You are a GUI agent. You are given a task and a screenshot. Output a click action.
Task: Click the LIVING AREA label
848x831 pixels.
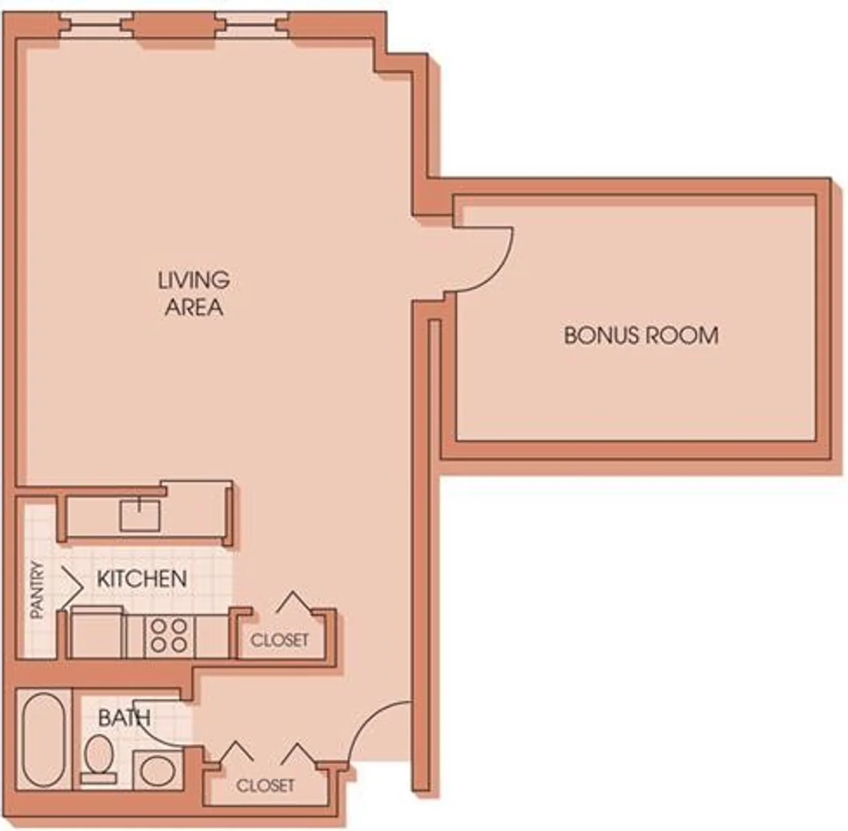pyautogui.click(x=195, y=293)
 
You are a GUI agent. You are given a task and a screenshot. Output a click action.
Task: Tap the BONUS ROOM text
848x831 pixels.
pyautogui.click(x=641, y=335)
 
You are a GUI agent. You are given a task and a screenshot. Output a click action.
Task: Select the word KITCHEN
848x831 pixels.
pyautogui.click(x=142, y=579)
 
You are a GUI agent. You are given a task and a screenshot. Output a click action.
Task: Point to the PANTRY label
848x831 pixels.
pyautogui.click(x=37, y=589)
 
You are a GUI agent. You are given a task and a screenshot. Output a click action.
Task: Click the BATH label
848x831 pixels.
pyautogui.click(x=125, y=718)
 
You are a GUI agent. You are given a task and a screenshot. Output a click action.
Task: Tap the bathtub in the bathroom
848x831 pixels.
pyautogui.click(x=43, y=739)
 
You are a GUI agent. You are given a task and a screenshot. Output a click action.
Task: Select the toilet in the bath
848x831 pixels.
pyautogui.click(x=98, y=759)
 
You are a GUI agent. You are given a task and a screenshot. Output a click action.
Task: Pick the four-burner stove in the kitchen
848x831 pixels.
pyautogui.click(x=169, y=636)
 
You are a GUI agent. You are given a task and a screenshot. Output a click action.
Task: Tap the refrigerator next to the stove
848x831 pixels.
pyautogui.click(x=97, y=632)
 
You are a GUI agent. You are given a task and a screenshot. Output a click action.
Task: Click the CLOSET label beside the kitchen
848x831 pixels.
pyautogui.click(x=280, y=640)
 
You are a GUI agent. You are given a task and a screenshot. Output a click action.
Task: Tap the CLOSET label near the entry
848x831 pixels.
pyautogui.click(x=265, y=786)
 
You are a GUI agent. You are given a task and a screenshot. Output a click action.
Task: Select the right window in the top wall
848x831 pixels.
pyautogui.click(x=253, y=25)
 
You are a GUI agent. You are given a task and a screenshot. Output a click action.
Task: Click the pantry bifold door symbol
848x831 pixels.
pyautogui.click(x=71, y=587)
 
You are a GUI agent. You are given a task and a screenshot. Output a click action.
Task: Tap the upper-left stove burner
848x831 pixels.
pyautogui.click(x=158, y=626)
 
